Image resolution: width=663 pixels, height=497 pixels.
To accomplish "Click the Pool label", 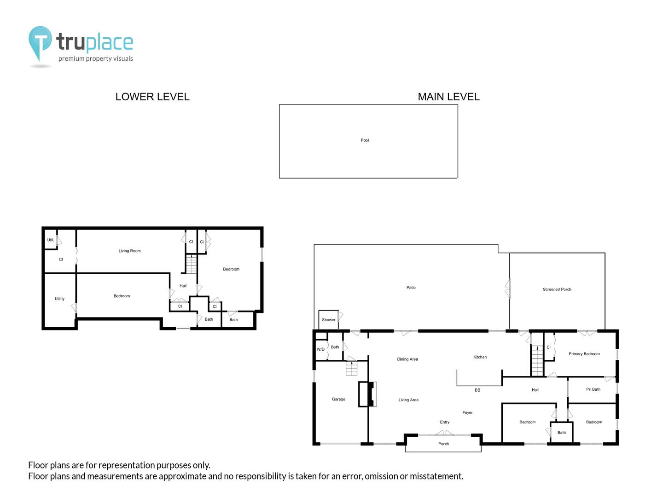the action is (365, 140).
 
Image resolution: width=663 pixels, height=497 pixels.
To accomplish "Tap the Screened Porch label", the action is (557, 289).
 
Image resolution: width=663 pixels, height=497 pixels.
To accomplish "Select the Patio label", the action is (411, 287).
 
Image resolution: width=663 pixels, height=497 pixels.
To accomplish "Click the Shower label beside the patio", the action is (328, 319).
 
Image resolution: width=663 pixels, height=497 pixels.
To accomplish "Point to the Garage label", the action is (338, 399).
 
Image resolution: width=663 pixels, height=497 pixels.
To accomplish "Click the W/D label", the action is (320, 349).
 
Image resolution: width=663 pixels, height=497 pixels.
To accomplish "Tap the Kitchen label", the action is (480, 357).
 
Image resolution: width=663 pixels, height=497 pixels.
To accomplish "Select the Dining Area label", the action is (407, 359).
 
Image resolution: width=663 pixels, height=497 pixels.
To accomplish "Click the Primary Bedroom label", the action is (584, 354).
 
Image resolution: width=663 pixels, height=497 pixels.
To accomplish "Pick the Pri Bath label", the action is (593, 389).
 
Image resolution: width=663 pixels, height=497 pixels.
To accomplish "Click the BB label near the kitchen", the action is (477, 390).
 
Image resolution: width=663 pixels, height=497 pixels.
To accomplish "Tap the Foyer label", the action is (467, 412).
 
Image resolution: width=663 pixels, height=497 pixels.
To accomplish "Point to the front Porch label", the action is (443, 444).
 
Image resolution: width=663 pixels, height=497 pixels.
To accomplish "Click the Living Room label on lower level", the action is (129, 251).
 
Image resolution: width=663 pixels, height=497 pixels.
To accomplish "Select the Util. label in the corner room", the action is (51, 240).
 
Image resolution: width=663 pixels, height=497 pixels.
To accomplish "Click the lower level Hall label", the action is (183, 286).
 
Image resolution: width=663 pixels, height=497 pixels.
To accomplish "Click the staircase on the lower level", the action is (191, 264).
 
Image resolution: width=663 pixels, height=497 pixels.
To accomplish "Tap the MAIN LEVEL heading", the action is (448, 97).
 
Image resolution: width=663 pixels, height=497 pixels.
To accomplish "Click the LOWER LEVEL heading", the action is (152, 97).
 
